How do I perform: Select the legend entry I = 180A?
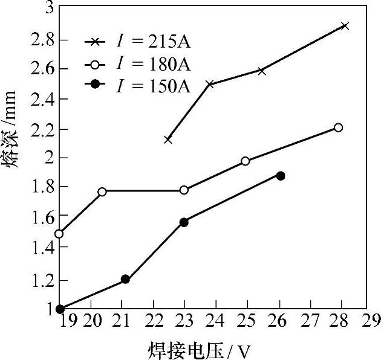tap(137, 63)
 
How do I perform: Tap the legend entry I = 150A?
tap(137, 85)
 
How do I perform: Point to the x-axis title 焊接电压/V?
tap(200, 349)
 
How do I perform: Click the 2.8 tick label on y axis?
tap(42, 39)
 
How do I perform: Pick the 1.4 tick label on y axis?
tap(42, 247)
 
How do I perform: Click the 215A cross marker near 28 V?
tap(345, 26)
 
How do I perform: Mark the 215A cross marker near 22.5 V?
tap(168, 140)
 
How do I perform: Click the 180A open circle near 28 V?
tap(339, 127)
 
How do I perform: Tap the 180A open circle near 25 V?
tap(246, 161)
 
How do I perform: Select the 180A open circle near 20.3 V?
tap(102, 191)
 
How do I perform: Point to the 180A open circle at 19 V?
tap(59, 234)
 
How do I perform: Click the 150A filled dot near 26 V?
tap(280, 176)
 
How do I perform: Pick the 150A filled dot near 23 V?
tap(184, 222)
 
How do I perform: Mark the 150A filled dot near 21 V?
tap(125, 279)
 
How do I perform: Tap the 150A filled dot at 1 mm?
tap(60, 309)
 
